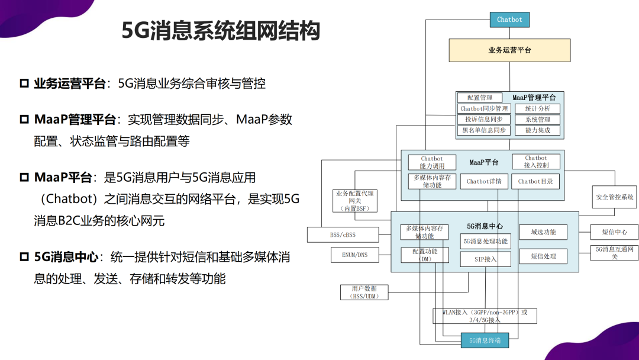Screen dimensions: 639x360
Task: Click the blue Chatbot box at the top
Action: point(509,20)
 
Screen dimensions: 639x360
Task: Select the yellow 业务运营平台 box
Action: point(509,50)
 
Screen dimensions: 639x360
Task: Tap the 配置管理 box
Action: point(480,98)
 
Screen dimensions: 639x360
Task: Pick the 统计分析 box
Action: point(537,108)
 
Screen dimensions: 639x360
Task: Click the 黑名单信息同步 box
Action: point(484,130)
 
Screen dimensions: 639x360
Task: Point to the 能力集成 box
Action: point(537,130)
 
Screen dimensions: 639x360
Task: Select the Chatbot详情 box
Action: point(484,181)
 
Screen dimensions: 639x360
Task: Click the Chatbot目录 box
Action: point(535,181)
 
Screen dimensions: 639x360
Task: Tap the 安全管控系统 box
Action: point(615,197)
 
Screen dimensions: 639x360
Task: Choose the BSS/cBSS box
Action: point(343,235)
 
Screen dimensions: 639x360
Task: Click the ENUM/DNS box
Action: point(354,255)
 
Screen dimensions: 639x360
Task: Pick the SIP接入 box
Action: point(485,259)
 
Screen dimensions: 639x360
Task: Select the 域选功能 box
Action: point(543,232)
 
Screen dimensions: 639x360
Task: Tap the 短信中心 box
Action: point(615,232)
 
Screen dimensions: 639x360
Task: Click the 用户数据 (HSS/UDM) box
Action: point(364,292)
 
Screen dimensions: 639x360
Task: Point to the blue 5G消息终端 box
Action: point(485,340)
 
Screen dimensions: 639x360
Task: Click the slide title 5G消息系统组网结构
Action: point(221,31)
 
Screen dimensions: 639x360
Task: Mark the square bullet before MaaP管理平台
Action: point(24,120)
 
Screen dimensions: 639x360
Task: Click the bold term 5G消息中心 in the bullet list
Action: point(66,257)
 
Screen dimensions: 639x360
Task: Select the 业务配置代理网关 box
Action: point(354,201)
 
